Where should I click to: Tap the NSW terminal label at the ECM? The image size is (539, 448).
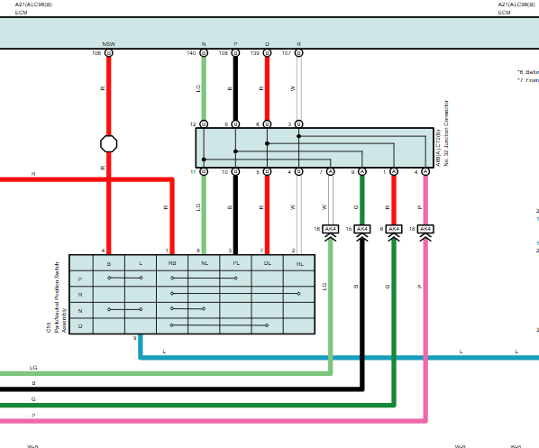[108, 44]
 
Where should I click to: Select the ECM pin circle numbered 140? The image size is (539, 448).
[204, 54]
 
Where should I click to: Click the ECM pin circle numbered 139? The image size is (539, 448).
[268, 54]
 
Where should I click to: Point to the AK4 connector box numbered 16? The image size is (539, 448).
[331, 229]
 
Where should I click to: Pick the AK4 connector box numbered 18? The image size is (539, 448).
[425, 229]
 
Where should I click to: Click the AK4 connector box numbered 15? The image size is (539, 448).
[362, 229]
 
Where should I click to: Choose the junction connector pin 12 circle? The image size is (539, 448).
[204, 124]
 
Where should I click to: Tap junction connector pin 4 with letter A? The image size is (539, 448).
[425, 171]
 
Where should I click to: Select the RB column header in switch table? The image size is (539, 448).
[172, 263]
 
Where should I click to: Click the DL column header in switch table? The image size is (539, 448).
[267, 263]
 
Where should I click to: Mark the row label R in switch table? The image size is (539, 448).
[80, 294]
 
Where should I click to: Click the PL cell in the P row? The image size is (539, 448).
[235, 279]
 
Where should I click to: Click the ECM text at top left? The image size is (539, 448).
[9, 13]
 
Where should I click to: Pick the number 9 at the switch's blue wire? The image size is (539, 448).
[135, 338]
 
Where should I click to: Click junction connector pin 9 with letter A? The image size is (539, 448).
[362, 171]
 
